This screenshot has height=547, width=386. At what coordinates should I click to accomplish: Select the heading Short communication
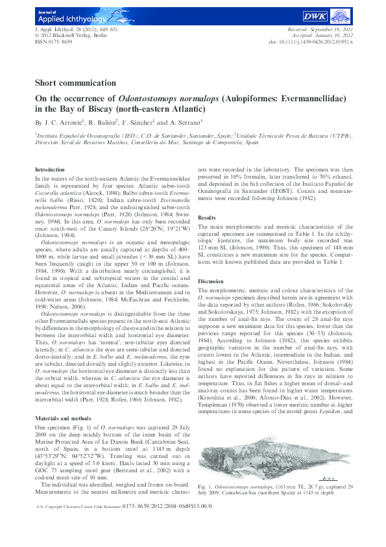click(x=74, y=84)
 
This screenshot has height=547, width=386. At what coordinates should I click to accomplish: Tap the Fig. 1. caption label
click(x=206, y=486)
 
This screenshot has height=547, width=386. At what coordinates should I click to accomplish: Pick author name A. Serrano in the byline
click(x=205, y=121)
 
